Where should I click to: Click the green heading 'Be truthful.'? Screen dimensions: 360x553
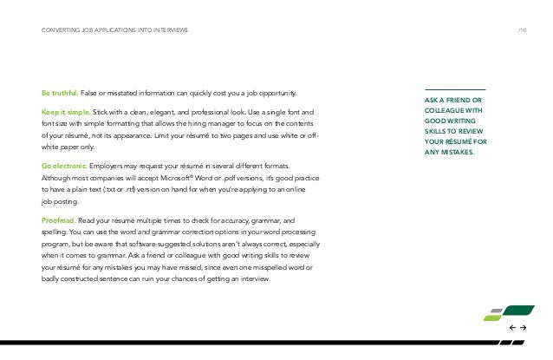59,93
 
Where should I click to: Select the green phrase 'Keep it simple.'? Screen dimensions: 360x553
64,113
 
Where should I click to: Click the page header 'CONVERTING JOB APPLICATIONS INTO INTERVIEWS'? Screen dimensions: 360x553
114,32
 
